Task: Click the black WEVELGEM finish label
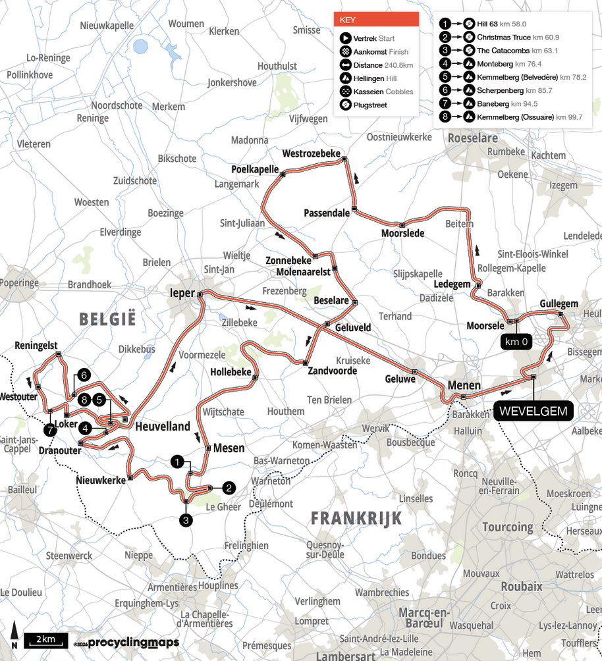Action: click(533, 411)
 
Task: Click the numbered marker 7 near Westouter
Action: click(50, 430)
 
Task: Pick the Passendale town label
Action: click(326, 213)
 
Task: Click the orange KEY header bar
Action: click(376, 20)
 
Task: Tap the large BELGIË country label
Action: click(107, 319)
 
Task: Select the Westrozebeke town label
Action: click(311, 153)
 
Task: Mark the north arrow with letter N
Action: click(14, 637)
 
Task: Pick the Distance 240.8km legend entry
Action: click(383, 65)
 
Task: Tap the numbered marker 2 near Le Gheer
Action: click(229, 488)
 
